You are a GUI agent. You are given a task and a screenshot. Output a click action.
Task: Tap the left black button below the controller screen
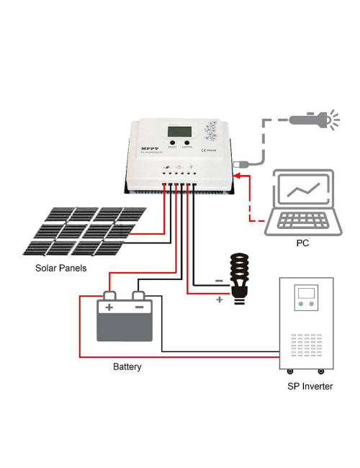point(171,143)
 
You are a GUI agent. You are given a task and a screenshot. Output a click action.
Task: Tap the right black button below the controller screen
point(187,143)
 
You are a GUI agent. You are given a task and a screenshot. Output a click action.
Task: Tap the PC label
point(302,243)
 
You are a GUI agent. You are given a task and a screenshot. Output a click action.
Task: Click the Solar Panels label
point(60,269)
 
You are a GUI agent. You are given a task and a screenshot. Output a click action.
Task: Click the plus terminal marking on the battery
point(109,307)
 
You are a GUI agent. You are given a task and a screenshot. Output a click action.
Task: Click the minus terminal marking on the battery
point(139,307)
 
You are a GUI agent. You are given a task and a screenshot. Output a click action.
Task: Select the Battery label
point(127,366)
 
